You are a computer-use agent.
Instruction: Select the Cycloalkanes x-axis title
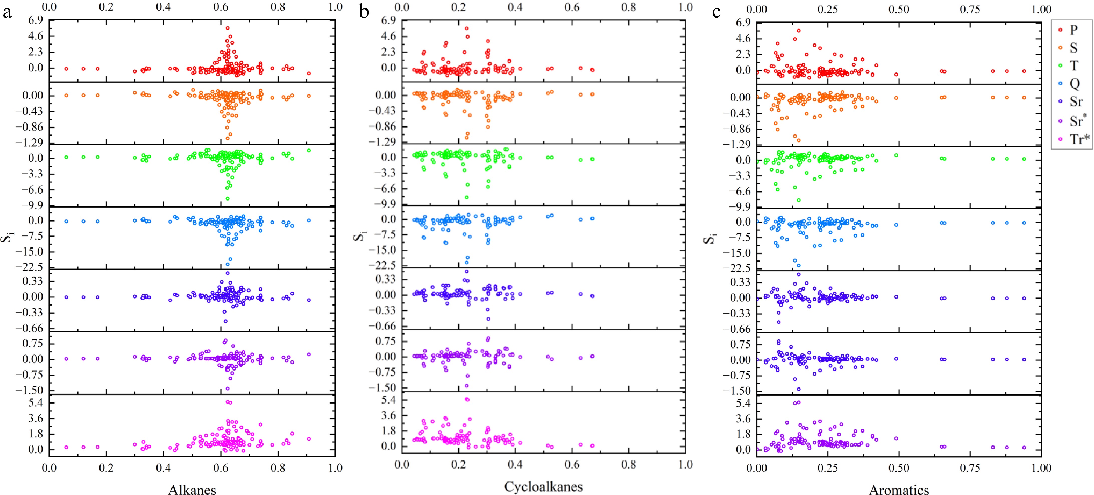[x=543, y=486]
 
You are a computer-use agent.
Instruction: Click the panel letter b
[x=364, y=12]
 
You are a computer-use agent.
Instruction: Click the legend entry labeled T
[x=1074, y=65]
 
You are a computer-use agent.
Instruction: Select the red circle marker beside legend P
[x=1060, y=30]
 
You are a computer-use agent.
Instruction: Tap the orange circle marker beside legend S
[x=1060, y=48]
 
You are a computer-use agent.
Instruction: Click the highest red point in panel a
[x=228, y=28]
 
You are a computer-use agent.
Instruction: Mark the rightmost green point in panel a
[x=309, y=150]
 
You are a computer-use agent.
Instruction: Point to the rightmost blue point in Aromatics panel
[x=1024, y=223]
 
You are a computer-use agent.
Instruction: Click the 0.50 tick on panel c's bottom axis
[x=899, y=468]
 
